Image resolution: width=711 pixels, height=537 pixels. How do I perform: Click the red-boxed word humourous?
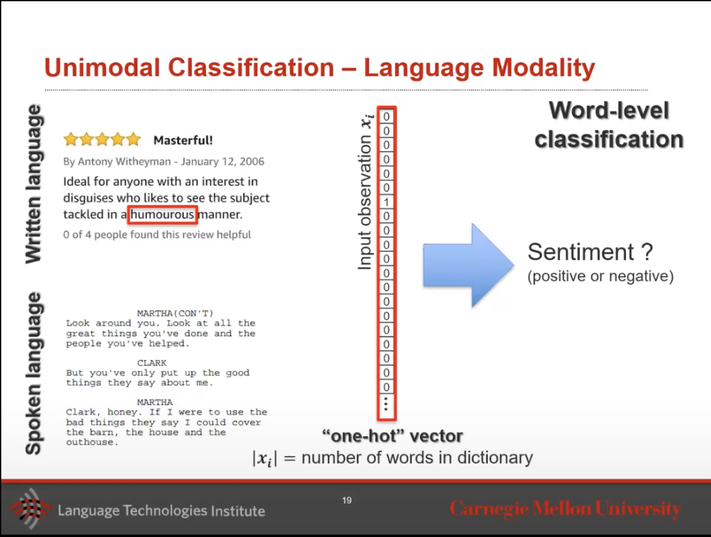click(163, 214)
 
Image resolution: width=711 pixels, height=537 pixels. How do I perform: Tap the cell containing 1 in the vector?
click(386, 202)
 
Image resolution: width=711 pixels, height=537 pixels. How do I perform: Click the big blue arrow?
click(469, 266)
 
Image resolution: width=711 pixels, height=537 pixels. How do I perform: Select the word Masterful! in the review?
click(183, 140)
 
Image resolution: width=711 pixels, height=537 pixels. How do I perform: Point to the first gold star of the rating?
click(71, 140)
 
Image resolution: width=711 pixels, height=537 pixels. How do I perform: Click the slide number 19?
click(347, 500)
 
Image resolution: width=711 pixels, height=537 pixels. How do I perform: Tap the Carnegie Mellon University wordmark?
click(566, 509)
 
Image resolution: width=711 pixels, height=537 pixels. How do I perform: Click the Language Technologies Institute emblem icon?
click(30, 509)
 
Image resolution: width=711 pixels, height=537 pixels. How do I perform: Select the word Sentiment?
click(581, 252)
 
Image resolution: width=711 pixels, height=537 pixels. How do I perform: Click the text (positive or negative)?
click(600, 276)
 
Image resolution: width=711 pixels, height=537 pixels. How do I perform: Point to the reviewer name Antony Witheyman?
click(124, 161)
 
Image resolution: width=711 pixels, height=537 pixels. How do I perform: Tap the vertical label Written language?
click(34, 184)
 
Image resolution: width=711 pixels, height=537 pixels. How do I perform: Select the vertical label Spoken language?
click(34, 373)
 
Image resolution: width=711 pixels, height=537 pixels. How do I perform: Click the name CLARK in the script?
click(152, 362)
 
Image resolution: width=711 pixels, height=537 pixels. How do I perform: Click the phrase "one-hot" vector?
click(392, 436)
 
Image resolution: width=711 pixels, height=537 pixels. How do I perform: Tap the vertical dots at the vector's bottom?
click(386, 403)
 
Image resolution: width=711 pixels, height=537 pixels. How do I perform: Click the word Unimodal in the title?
click(103, 68)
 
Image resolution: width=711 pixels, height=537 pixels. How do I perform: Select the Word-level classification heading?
click(609, 125)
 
